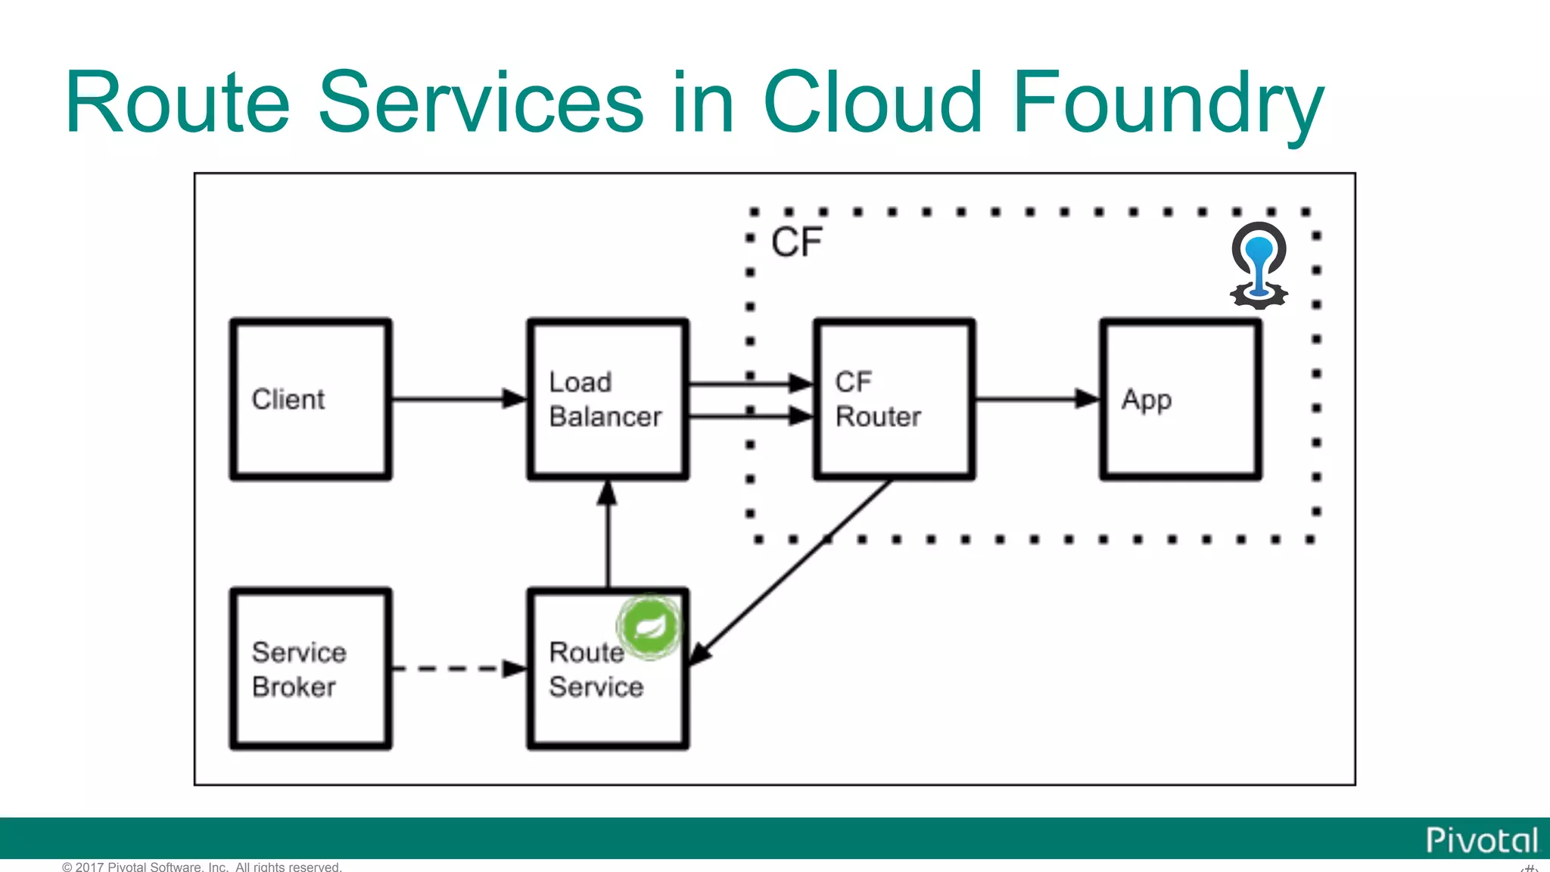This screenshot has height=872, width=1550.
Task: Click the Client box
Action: point(310,399)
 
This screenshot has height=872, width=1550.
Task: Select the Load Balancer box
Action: point(608,399)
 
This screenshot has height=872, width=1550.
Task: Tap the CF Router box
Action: point(894,399)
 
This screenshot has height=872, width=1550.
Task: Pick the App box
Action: point(1180,399)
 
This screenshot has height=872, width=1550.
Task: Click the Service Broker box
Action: point(310,669)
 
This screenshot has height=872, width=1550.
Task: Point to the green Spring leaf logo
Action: point(649,626)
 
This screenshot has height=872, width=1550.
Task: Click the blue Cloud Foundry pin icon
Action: point(1259,265)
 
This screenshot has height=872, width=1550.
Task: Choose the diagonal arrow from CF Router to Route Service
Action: point(791,571)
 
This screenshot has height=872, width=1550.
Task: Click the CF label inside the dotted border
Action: point(796,242)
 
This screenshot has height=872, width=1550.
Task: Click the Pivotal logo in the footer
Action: point(1481,840)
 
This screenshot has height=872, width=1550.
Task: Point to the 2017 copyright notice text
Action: point(202,867)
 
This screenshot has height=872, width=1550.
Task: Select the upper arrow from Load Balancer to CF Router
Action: point(749,384)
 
